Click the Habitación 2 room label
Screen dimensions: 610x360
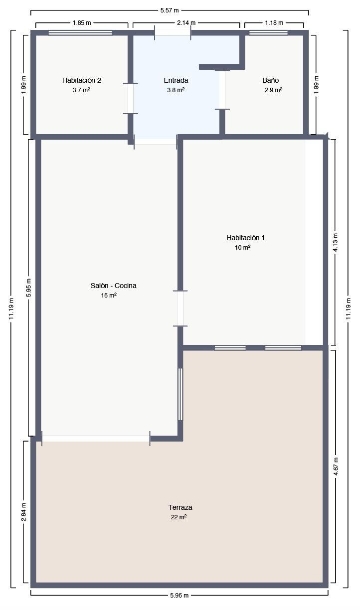pos(82,80)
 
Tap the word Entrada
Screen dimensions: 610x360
pos(176,80)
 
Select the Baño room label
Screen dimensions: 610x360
pos(271,80)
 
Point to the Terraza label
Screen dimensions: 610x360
pos(180,507)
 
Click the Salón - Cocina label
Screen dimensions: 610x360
pos(113,286)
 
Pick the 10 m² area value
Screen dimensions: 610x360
pos(242,247)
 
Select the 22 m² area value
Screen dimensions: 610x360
pos(179,517)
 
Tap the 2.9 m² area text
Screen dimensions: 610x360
pos(273,90)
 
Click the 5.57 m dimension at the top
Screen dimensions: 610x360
pos(170,10)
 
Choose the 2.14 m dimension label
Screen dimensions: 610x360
pos(186,23)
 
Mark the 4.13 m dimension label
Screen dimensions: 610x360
pos(336,242)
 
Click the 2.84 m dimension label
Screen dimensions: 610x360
pos(23,512)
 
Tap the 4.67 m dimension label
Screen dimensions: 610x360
pos(336,466)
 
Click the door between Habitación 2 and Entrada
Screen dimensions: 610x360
pos(130,99)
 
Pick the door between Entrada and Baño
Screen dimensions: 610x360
pos(222,90)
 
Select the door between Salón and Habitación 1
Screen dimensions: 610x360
pos(180,308)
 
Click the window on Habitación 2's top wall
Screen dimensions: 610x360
pos(80,33)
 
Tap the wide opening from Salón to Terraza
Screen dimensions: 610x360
pos(96,439)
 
